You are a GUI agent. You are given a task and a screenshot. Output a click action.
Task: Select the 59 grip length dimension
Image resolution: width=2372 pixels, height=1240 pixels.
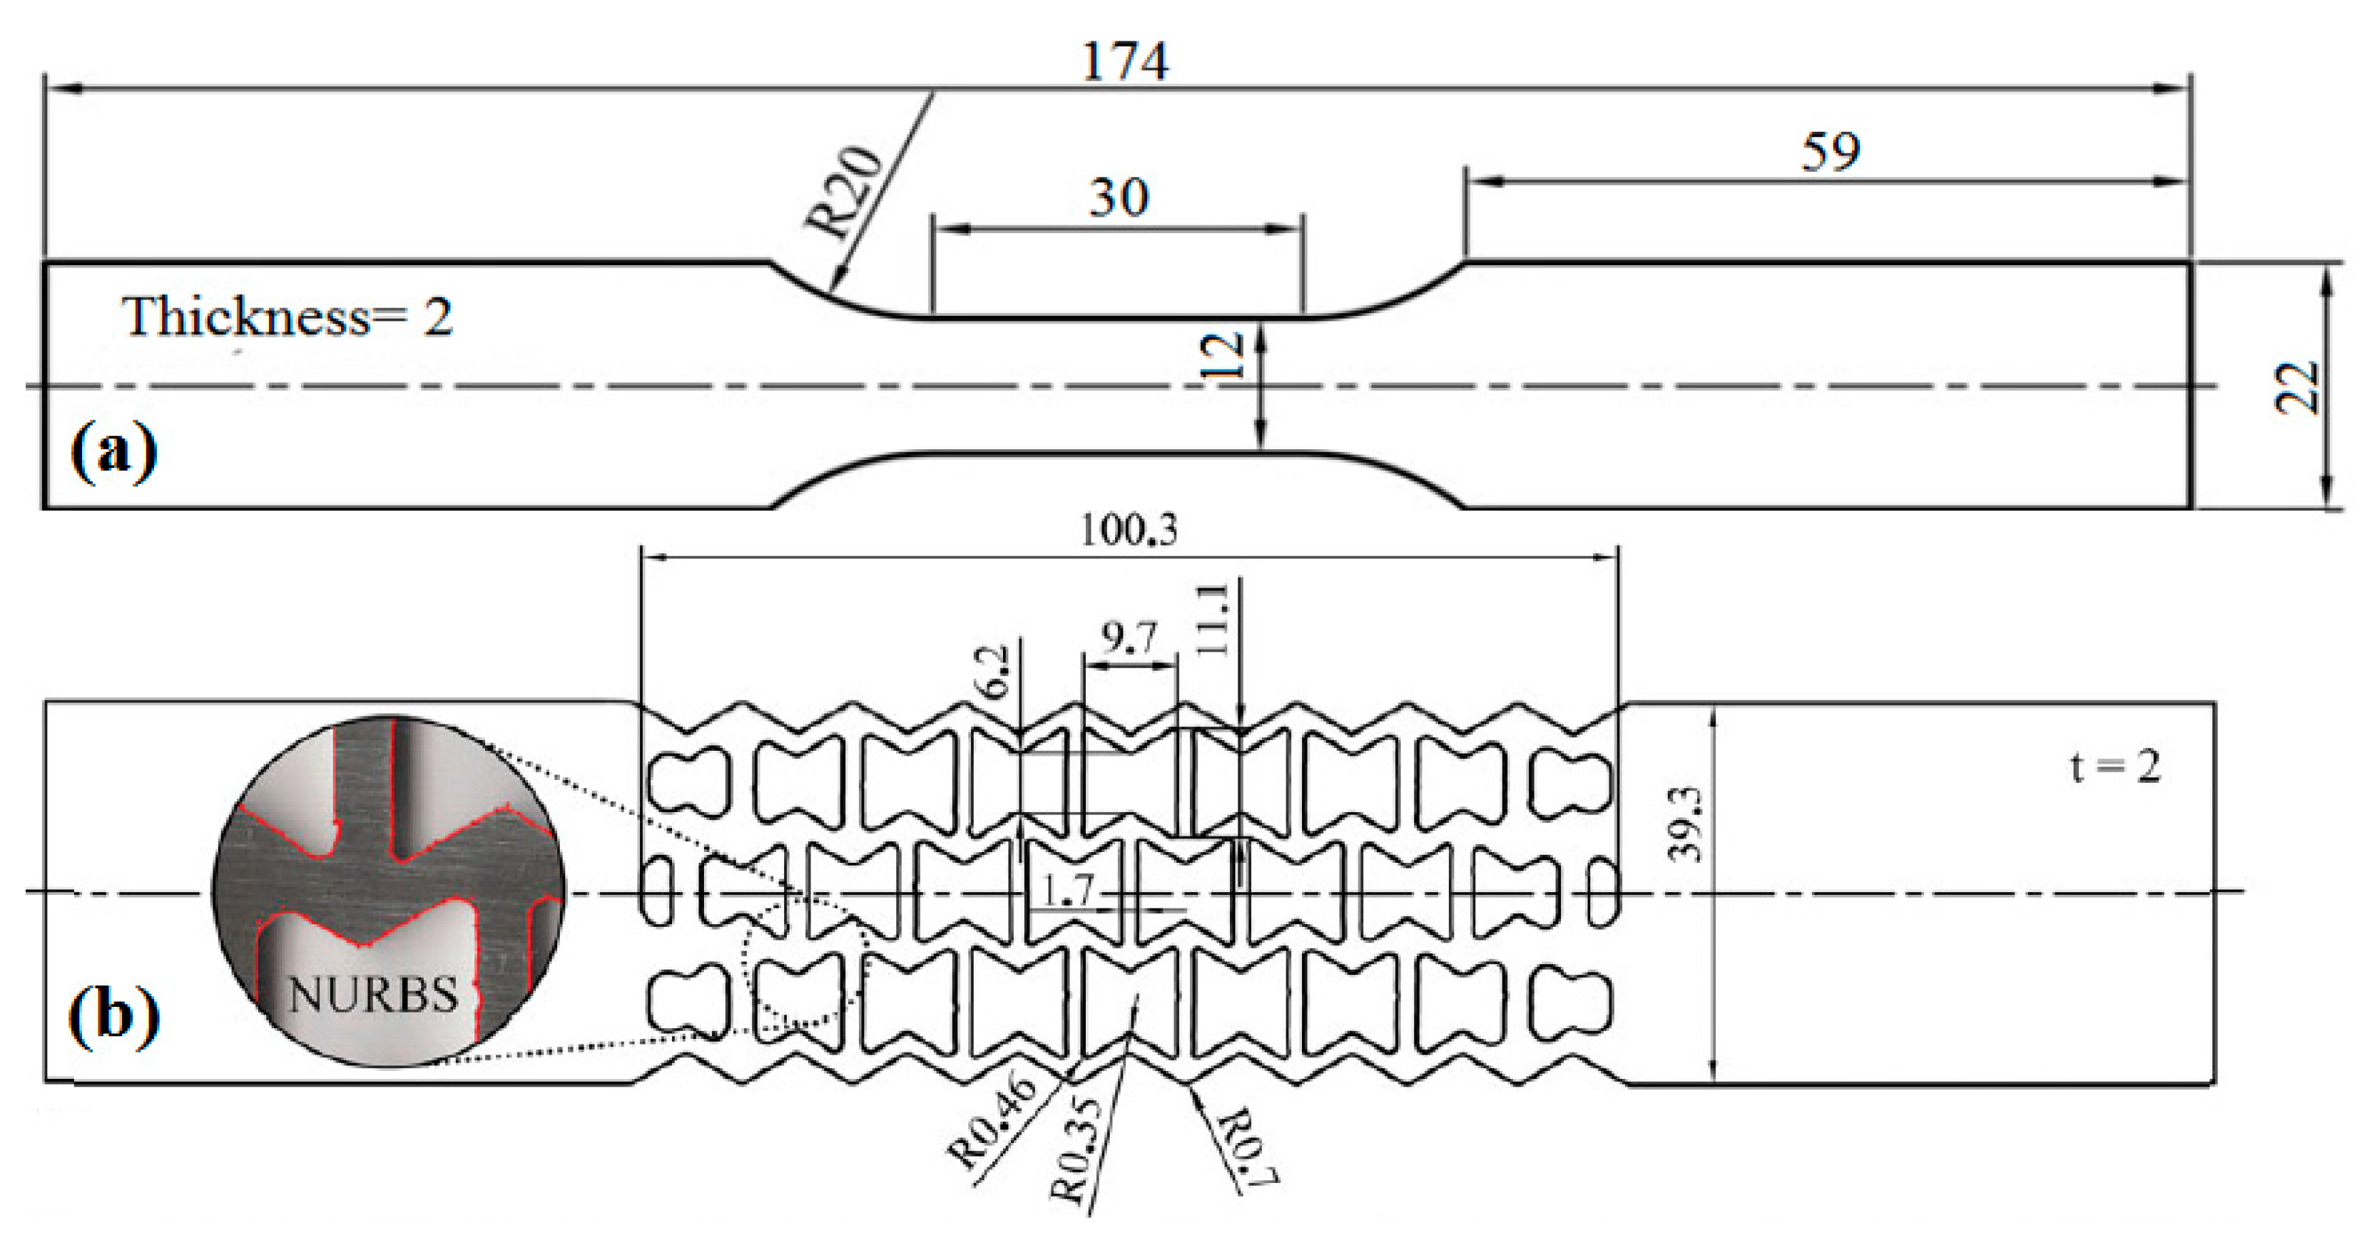click(1830, 152)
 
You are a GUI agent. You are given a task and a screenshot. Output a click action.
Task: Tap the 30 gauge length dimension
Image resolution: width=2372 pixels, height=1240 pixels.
click(1119, 198)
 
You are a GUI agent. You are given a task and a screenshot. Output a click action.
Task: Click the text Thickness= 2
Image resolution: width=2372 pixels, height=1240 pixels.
click(287, 317)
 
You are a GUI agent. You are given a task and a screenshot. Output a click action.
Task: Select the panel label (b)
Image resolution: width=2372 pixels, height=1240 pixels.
click(113, 1015)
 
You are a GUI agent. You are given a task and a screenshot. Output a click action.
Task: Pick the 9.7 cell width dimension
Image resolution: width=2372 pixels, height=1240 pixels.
click(1129, 637)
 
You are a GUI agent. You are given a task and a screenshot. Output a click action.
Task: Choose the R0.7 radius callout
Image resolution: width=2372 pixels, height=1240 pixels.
click(1248, 1146)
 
